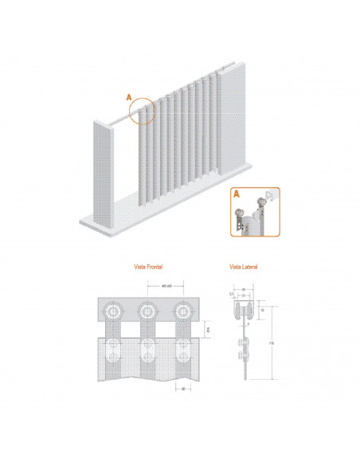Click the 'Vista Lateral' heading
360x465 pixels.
[243, 268]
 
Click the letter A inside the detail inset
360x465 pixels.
[237, 193]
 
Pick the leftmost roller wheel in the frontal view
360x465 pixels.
[115, 310]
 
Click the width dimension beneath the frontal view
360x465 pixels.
[183, 389]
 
